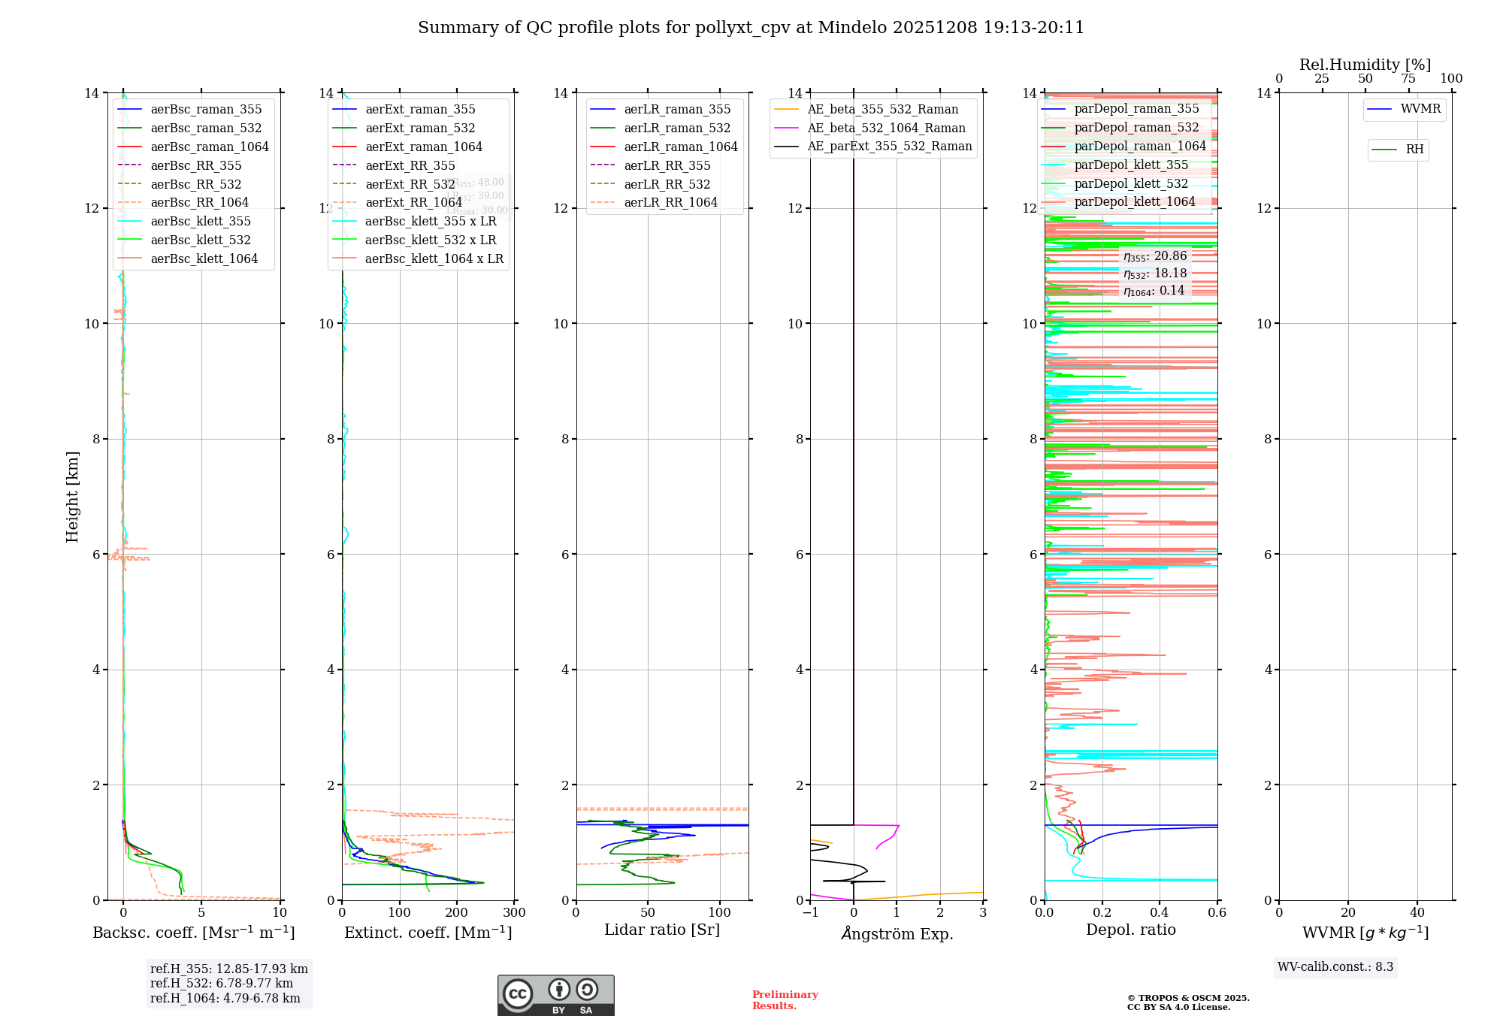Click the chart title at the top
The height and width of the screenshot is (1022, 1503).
(x=751, y=28)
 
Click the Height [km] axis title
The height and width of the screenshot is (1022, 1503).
(x=72, y=496)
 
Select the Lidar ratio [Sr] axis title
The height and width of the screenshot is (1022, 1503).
(x=662, y=930)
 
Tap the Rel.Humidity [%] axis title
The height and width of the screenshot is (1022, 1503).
(x=1365, y=65)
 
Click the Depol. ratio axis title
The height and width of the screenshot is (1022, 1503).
(x=1130, y=930)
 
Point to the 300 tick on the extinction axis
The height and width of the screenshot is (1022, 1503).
(x=515, y=912)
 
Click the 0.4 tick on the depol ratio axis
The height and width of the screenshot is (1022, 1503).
(x=1160, y=912)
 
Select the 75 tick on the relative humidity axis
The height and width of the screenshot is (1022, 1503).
(x=1408, y=78)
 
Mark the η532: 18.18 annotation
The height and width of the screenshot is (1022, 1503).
(x=1155, y=274)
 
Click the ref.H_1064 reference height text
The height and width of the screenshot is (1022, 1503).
(x=225, y=998)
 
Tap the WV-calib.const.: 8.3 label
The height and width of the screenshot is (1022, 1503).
(x=1335, y=966)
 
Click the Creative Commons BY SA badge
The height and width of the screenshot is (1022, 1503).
(x=555, y=995)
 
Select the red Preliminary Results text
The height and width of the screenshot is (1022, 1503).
(x=785, y=999)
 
